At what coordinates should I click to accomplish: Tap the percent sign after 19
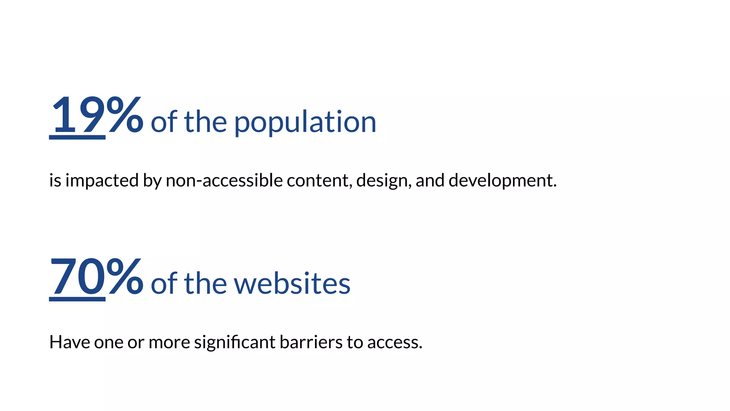tap(125, 115)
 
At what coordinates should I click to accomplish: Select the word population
tap(305, 122)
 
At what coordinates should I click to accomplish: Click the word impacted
tap(102, 181)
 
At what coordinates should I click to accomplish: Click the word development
tap(502, 181)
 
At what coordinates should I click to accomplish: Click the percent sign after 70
tap(125, 277)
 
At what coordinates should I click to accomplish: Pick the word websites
tap(292, 284)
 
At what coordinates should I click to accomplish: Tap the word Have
tap(70, 342)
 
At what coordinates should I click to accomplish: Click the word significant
tap(235, 342)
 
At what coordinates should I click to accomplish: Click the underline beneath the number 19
tap(77, 137)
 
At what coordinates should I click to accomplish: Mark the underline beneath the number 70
tap(77, 299)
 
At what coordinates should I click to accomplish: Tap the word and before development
tap(430, 181)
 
